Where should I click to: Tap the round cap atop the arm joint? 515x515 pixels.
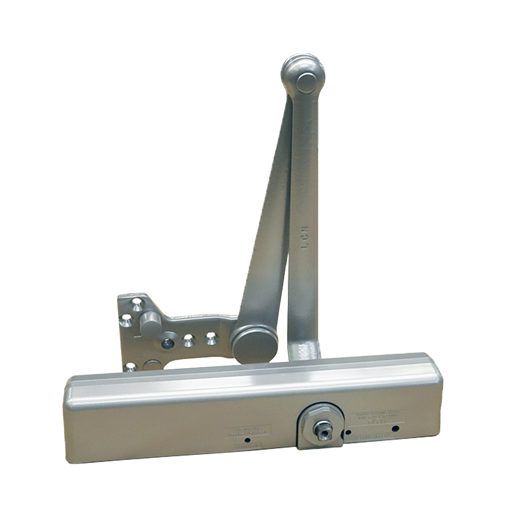307,82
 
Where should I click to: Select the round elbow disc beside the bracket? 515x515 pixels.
254,345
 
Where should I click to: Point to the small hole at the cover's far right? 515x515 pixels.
395,428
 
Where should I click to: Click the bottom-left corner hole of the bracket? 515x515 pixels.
130,367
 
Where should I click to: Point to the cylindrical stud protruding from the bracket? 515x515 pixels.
150,323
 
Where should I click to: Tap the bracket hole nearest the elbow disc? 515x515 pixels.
211,338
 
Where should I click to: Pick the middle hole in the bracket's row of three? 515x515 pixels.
189,340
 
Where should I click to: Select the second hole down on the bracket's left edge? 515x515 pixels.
125,322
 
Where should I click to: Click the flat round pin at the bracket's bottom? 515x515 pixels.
152,365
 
